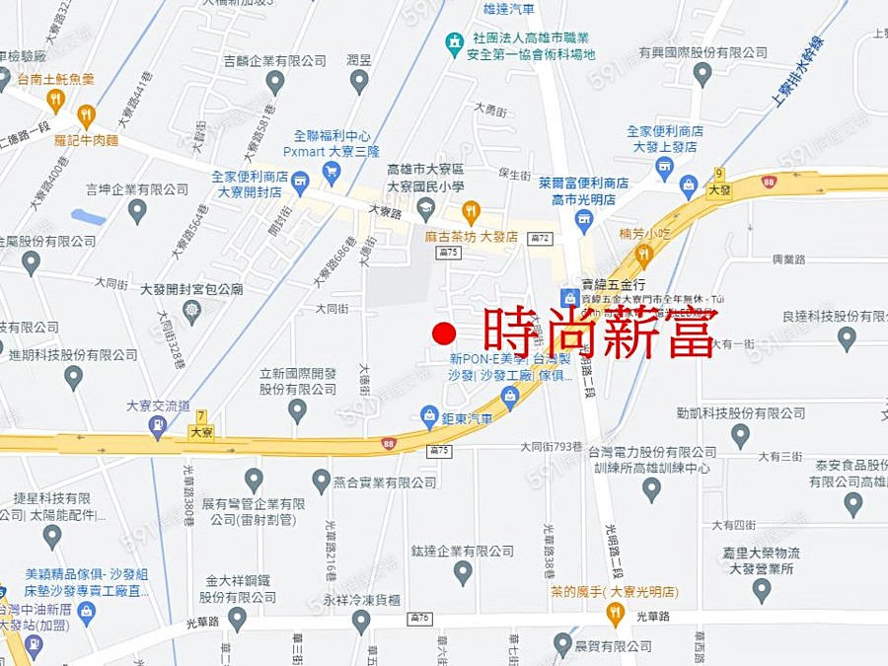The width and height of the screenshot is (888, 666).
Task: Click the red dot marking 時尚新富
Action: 444,333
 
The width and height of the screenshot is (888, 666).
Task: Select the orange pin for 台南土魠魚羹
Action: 55,99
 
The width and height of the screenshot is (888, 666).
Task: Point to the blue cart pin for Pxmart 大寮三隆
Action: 332,172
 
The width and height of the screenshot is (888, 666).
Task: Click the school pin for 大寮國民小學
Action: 425,206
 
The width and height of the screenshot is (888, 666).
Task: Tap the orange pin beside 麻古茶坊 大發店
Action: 472,210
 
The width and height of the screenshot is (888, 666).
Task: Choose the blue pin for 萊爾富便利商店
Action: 584,219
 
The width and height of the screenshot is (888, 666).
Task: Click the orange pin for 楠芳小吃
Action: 644,255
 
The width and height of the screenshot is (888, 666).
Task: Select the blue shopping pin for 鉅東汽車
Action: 429,415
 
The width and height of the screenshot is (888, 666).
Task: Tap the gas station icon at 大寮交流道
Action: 157,425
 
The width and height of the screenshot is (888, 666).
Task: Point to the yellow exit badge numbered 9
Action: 719,175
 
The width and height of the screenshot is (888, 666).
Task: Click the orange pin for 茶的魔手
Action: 616,614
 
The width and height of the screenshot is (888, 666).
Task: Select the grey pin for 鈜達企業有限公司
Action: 463,571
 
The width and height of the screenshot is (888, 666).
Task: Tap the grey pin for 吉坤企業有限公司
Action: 137,209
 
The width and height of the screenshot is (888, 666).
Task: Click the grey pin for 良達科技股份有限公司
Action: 847,337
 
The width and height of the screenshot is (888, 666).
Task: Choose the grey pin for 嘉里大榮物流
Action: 761,589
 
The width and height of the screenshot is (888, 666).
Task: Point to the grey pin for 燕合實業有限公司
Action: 322,481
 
